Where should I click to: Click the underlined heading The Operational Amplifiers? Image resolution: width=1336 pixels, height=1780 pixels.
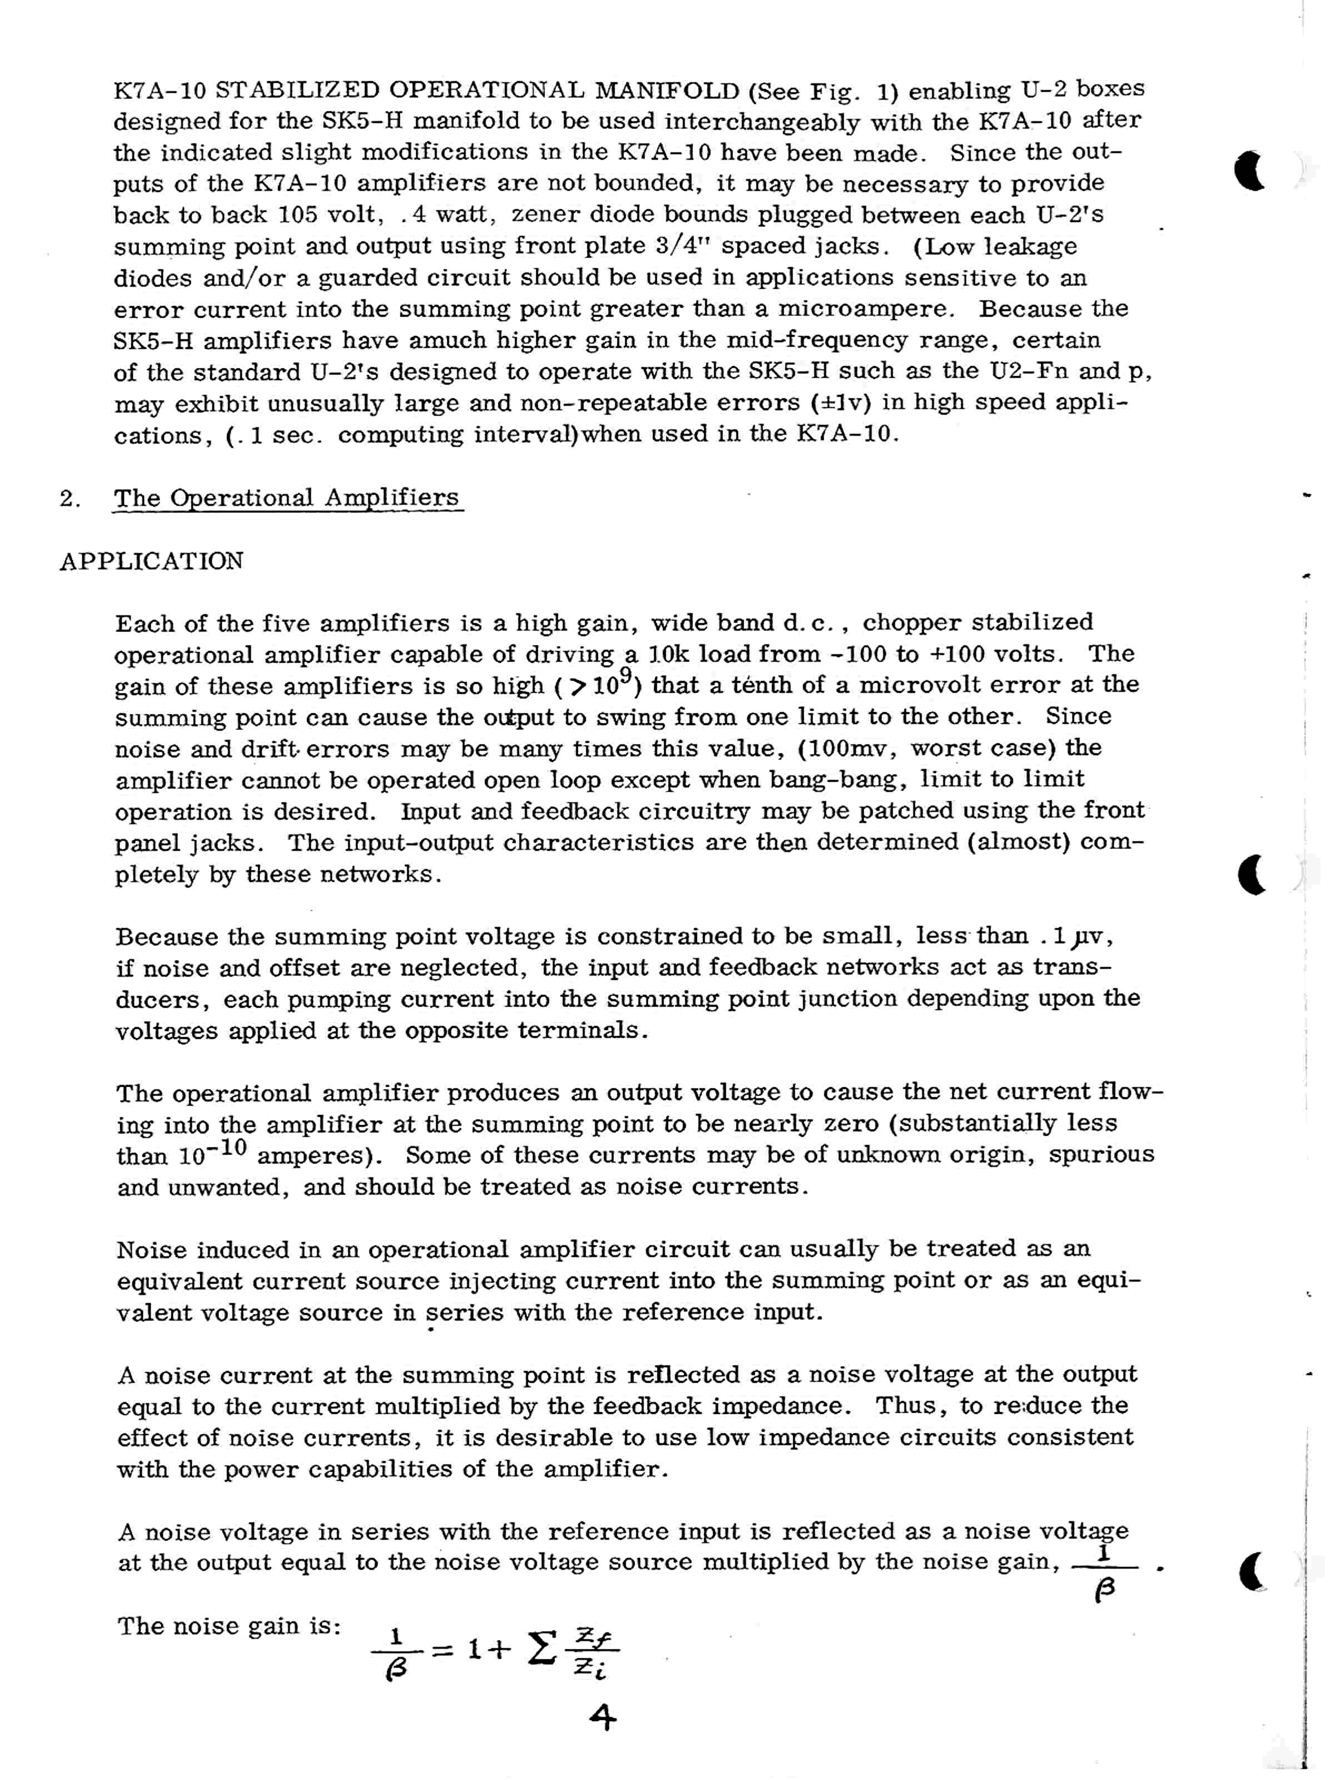click(287, 498)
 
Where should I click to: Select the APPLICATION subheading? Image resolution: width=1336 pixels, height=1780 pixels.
click(151, 561)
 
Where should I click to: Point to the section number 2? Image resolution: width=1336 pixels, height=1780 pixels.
click(69, 499)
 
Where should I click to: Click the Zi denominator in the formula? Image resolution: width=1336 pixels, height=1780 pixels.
click(590, 1671)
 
